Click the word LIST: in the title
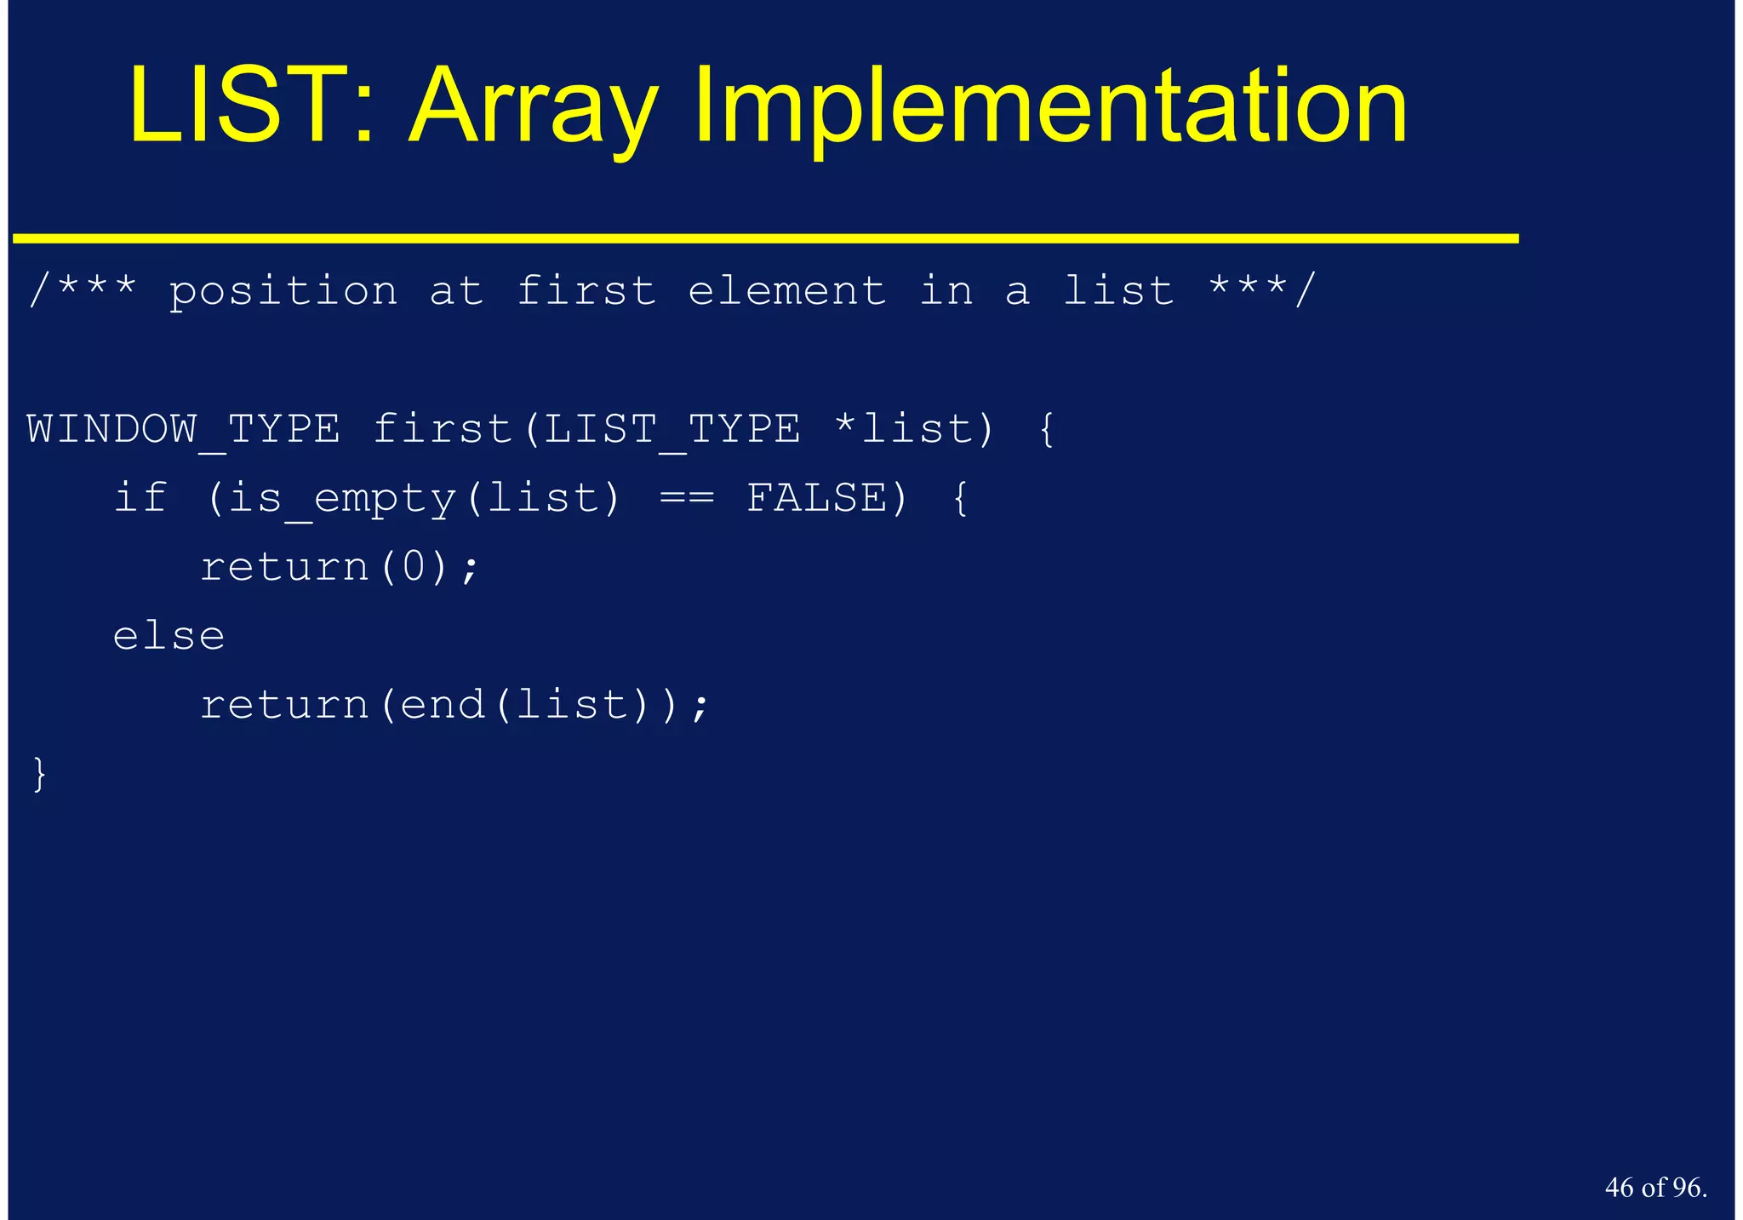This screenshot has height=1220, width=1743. [x=251, y=106]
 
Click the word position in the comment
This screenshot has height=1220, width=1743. [x=283, y=292]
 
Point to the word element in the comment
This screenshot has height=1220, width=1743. [x=787, y=292]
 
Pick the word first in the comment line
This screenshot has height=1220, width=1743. [x=586, y=292]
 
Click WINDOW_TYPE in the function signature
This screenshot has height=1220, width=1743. [x=184, y=429]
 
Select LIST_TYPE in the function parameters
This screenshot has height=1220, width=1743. [x=671, y=429]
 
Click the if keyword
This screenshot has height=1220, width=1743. [x=140, y=498]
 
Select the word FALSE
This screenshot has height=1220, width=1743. [x=817, y=498]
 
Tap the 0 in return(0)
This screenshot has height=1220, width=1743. [x=414, y=567]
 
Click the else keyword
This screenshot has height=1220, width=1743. [x=169, y=636]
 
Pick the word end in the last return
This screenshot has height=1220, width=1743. [x=443, y=705]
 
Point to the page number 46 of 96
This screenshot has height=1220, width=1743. [x=1655, y=1188]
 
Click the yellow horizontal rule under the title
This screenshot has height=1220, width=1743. [x=766, y=239]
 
